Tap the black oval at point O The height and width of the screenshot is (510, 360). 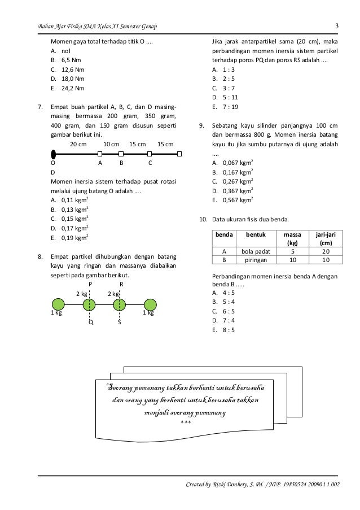52,153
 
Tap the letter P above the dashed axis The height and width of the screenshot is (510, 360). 90,284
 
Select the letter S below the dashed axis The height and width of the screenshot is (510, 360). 120,324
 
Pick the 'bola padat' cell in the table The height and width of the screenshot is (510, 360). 254,251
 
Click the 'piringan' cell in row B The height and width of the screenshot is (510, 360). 254,260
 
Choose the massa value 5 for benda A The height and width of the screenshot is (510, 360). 292,251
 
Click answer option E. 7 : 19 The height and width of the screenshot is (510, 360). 223,108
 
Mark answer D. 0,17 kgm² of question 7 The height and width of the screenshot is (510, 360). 69,228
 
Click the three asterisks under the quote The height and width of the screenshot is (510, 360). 185,422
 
